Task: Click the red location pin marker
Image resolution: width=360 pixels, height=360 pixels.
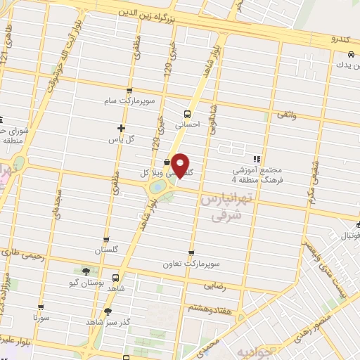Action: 181,165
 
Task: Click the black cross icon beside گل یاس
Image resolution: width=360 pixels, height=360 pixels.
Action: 122,129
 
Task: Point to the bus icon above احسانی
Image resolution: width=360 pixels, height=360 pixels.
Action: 188,113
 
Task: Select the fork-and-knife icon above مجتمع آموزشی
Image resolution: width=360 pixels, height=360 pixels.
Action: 257,160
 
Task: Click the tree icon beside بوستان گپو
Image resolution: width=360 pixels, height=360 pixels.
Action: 86,271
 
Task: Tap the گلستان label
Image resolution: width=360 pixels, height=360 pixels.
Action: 108,250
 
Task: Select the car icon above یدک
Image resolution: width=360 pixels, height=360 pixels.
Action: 350,55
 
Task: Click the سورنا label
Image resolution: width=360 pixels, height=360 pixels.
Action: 41,318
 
